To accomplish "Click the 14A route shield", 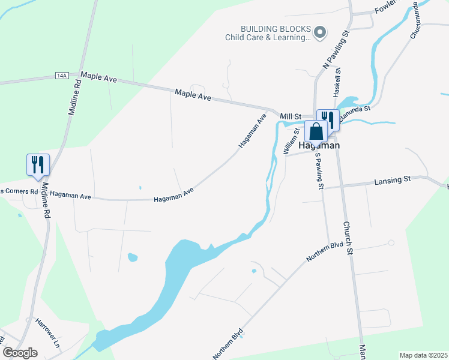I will click(x=61, y=76).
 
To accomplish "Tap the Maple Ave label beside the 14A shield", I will click(x=98, y=76).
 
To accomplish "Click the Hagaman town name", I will click(x=319, y=145).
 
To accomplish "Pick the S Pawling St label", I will click(x=318, y=172).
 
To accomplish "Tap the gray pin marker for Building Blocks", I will click(x=320, y=32).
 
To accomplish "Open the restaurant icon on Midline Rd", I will click(x=38, y=164).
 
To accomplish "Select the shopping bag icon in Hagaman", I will click(x=316, y=130).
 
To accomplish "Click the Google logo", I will click(x=20, y=353).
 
